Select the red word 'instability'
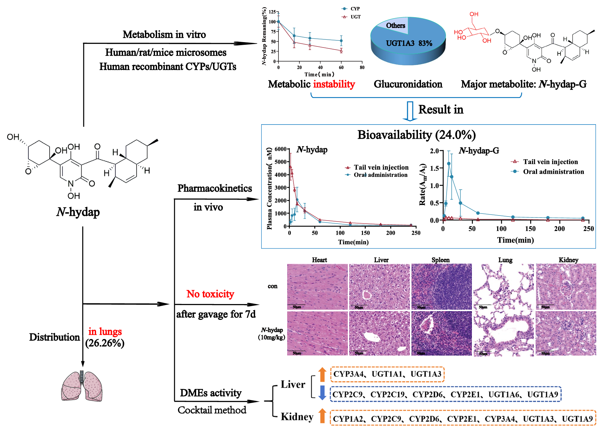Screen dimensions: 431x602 (334, 84)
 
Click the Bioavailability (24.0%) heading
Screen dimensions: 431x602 (416, 135)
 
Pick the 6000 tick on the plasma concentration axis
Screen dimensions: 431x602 (280, 149)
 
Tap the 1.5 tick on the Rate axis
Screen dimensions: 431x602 (434, 168)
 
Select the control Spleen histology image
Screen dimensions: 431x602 (441, 287)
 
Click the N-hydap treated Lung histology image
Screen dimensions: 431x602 (504, 333)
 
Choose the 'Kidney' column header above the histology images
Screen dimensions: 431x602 (568, 260)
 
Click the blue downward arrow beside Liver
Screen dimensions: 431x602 (322, 393)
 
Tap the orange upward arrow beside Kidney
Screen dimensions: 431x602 (322, 416)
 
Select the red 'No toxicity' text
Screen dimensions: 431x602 (210, 294)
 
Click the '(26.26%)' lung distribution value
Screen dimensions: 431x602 (105, 343)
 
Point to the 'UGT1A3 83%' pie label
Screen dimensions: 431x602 (409, 43)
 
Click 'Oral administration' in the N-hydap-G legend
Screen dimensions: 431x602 (553, 172)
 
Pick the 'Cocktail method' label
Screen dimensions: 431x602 (212, 410)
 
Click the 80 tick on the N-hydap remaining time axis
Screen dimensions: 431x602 (362, 67)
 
